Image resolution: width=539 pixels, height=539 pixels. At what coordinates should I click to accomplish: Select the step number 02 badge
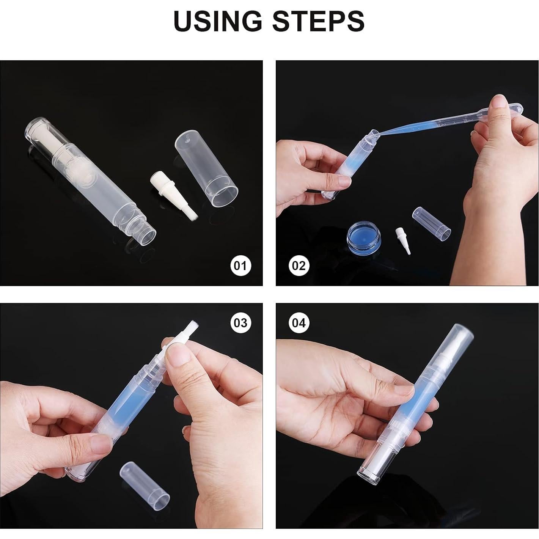tap(299, 266)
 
